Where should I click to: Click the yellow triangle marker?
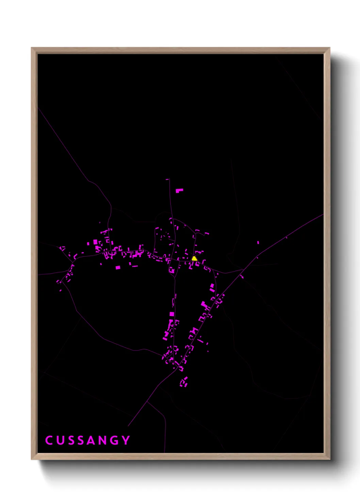(x=194, y=258)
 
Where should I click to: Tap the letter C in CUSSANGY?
(x=49, y=440)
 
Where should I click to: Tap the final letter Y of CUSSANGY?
(x=126, y=440)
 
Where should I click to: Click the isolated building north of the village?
(x=179, y=190)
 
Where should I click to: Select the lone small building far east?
(x=258, y=242)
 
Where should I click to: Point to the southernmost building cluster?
(x=184, y=382)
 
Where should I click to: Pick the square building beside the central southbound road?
(x=172, y=314)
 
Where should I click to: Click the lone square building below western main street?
(x=118, y=268)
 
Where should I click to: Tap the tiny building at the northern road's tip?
(x=167, y=179)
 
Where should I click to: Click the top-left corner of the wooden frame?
(x=32, y=48)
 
